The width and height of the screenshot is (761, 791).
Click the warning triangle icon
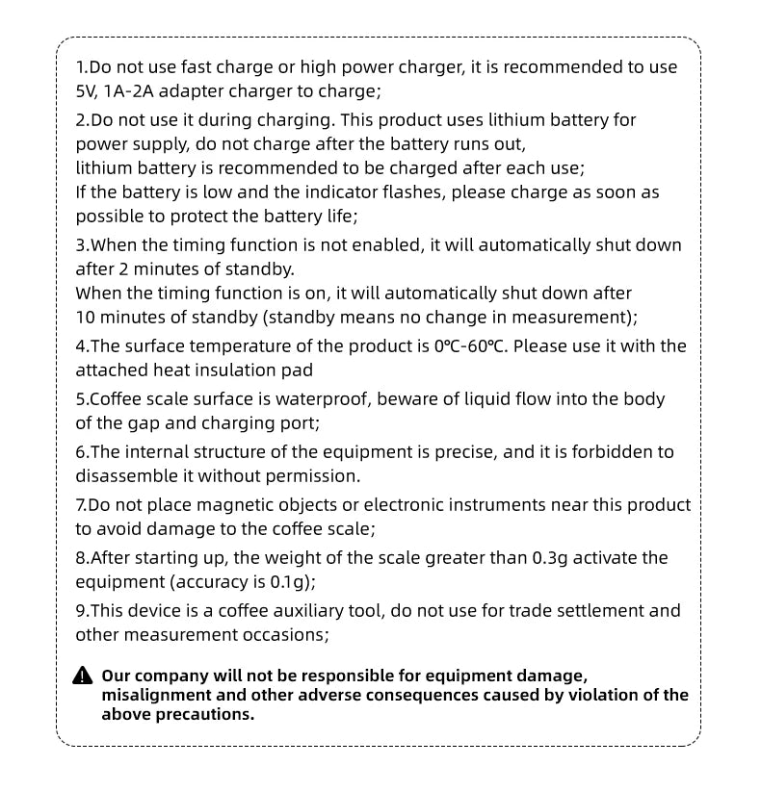(84, 676)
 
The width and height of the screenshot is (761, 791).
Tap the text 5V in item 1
(87, 91)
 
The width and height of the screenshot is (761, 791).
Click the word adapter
(202, 91)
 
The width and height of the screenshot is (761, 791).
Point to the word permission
(314, 476)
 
